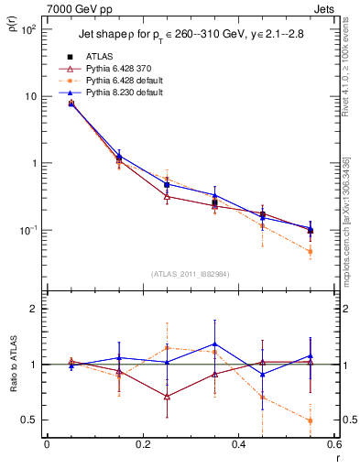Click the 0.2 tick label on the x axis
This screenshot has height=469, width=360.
click(142, 445)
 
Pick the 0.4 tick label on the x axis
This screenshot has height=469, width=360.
click(238, 445)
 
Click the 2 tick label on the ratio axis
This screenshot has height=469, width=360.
click(35, 310)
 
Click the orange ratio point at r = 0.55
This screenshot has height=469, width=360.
click(311, 420)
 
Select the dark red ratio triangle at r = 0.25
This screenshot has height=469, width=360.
click(167, 397)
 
